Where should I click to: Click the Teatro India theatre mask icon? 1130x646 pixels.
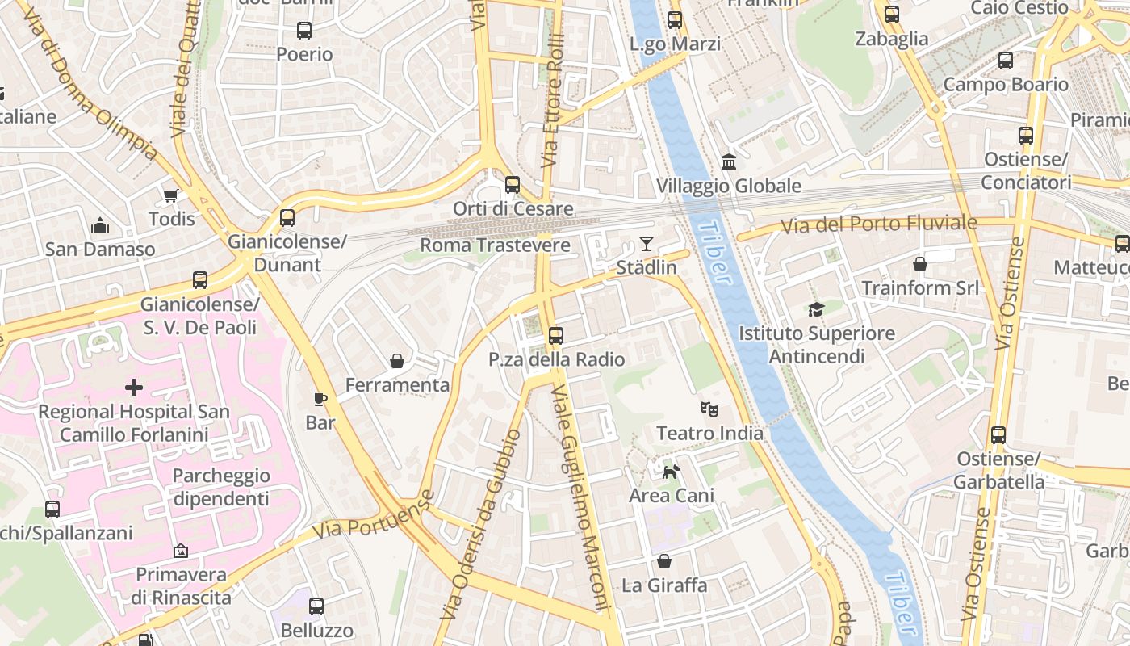click(x=709, y=409)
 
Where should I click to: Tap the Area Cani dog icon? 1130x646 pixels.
click(x=671, y=471)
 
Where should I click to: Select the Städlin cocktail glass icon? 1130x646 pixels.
click(x=647, y=243)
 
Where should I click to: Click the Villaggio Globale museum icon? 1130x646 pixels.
click(x=729, y=161)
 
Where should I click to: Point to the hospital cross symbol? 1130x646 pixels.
click(x=134, y=388)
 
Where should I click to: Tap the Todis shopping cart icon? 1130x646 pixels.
click(x=171, y=195)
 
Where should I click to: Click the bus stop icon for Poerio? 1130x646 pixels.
click(x=304, y=31)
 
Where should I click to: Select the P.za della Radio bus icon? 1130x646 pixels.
click(x=556, y=335)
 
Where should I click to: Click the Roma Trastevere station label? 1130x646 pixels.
click(x=495, y=245)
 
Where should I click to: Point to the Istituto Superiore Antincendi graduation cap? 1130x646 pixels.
click(x=817, y=309)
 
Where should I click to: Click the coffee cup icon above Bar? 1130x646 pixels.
click(x=320, y=398)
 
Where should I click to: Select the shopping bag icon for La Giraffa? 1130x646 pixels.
click(x=664, y=560)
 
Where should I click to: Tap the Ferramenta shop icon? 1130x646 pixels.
click(x=397, y=361)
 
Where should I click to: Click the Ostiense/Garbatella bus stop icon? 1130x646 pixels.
click(x=998, y=435)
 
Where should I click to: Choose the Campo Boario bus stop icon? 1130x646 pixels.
click(x=1006, y=61)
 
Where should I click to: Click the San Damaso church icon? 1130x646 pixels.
click(x=100, y=224)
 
